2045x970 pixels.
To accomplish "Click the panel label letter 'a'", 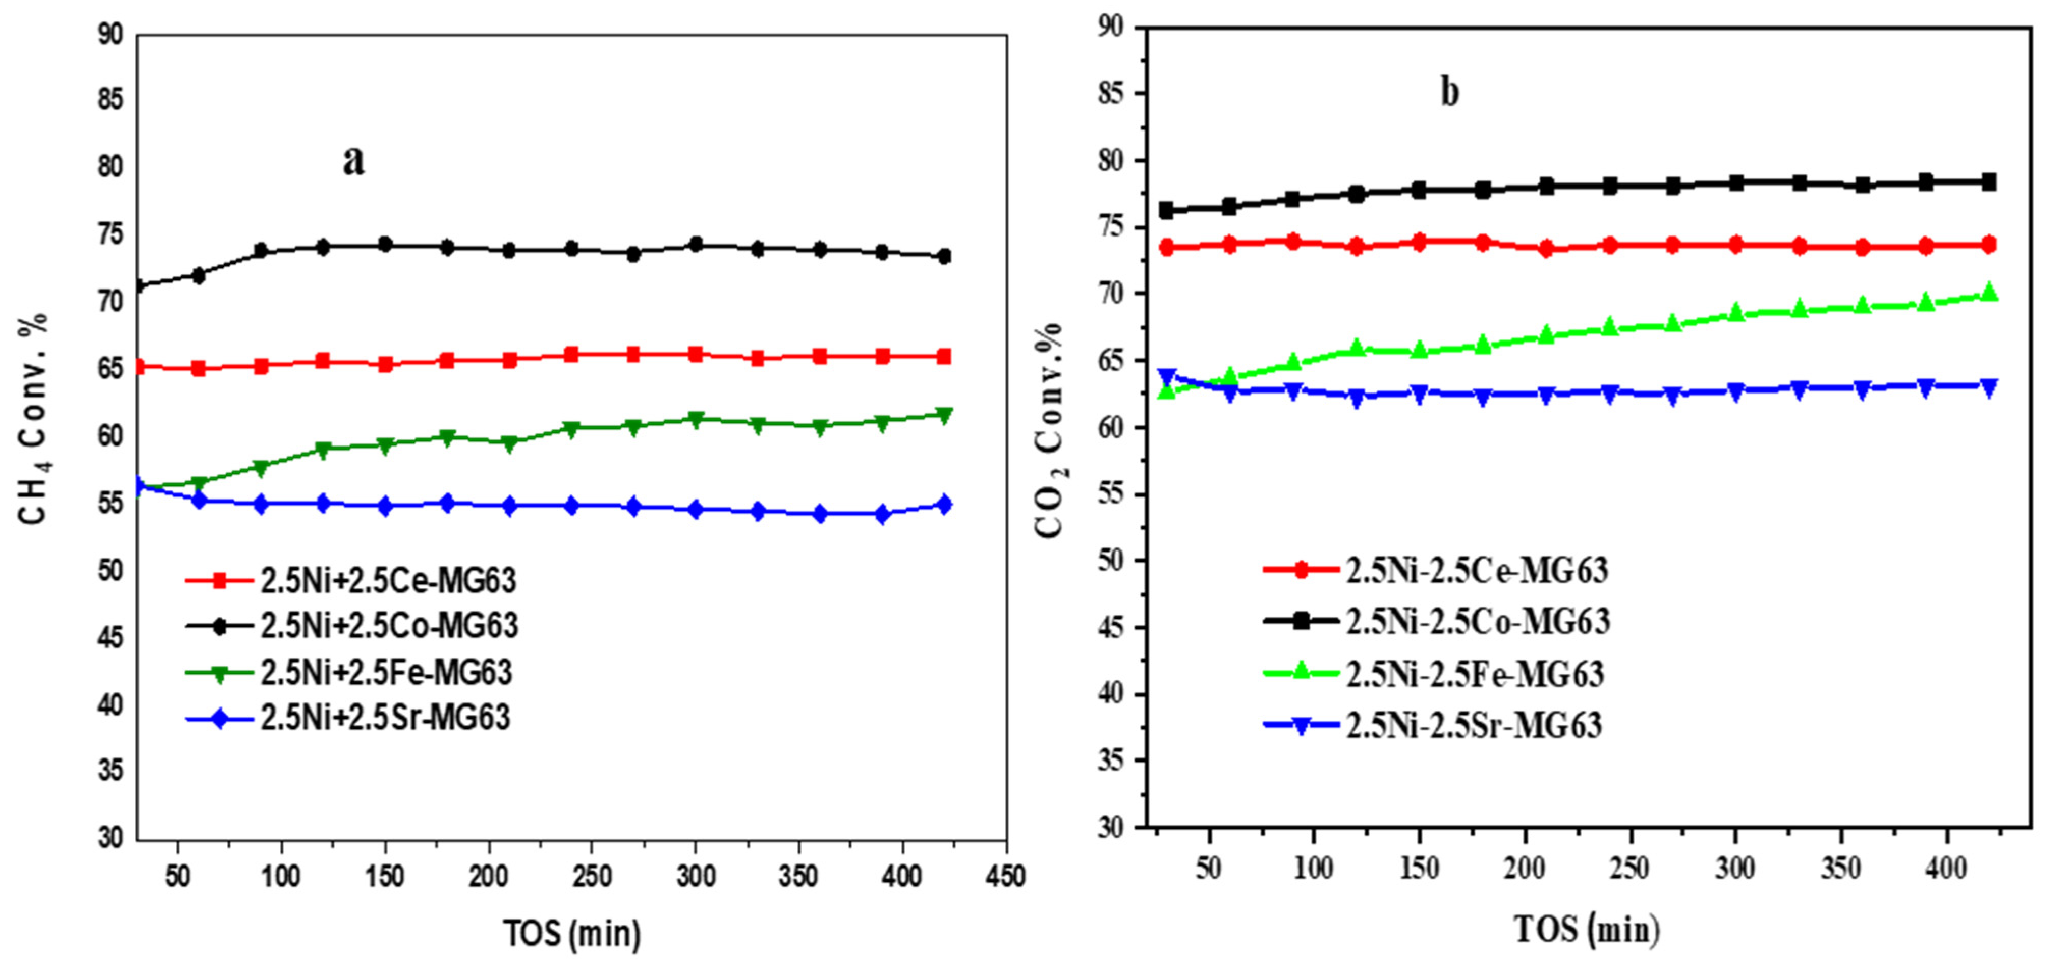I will pos(353,161).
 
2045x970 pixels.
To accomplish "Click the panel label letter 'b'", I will pos(1450,93).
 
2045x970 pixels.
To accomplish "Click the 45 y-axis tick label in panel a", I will pos(110,638).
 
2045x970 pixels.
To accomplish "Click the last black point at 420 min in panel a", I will pos(944,256).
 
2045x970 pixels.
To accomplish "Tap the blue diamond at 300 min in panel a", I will pos(696,509).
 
